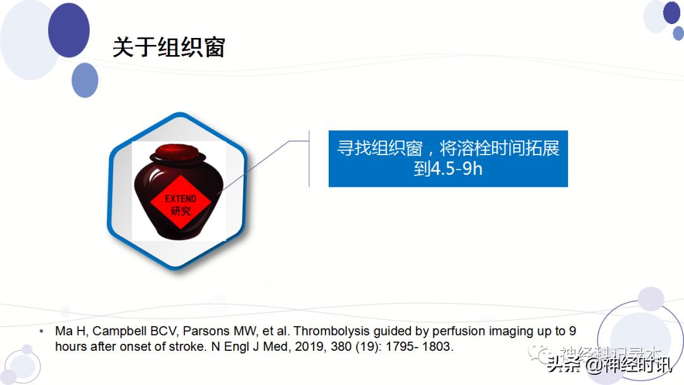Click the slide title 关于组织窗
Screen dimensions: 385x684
pos(168,47)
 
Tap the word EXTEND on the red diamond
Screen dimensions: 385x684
pos(180,199)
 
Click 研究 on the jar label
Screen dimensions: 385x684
pos(180,211)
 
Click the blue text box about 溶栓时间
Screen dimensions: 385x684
pos(448,159)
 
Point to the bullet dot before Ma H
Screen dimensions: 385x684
pos(41,331)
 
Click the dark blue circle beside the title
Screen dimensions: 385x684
pos(68,30)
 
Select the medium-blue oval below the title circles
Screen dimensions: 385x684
pos(85,80)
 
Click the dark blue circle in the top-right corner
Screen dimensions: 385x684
pos(671,12)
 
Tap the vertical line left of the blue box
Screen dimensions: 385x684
pos(309,158)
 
